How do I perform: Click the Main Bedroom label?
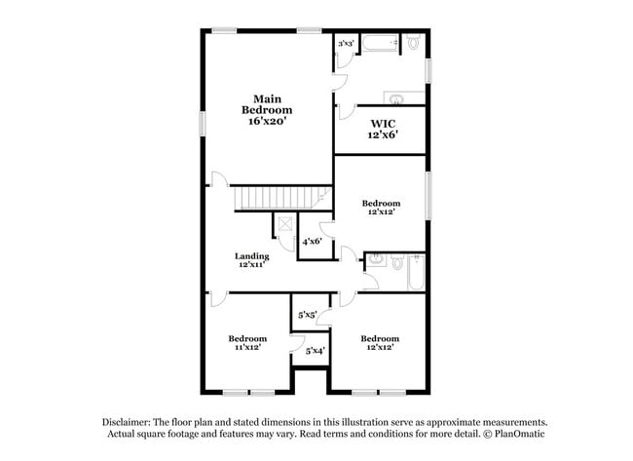(267, 109)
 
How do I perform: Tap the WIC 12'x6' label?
(383, 130)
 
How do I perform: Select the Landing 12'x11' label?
(252, 260)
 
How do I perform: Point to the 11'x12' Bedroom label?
(247, 343)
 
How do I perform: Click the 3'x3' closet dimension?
(346, 43)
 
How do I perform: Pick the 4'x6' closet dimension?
(312, 242)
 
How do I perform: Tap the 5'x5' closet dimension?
(308, 315)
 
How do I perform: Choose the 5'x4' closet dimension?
(315, 351)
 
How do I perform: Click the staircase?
(282, 198)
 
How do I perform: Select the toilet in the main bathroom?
(413, 42)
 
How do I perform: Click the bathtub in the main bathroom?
(380, 43)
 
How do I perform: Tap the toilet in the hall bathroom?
(397, 262)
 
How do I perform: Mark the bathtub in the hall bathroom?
(416, 272)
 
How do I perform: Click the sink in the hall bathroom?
(376, 260)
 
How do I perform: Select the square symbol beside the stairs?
(285, 224)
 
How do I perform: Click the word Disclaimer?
(127, 422)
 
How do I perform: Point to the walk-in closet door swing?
(347, 112)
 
